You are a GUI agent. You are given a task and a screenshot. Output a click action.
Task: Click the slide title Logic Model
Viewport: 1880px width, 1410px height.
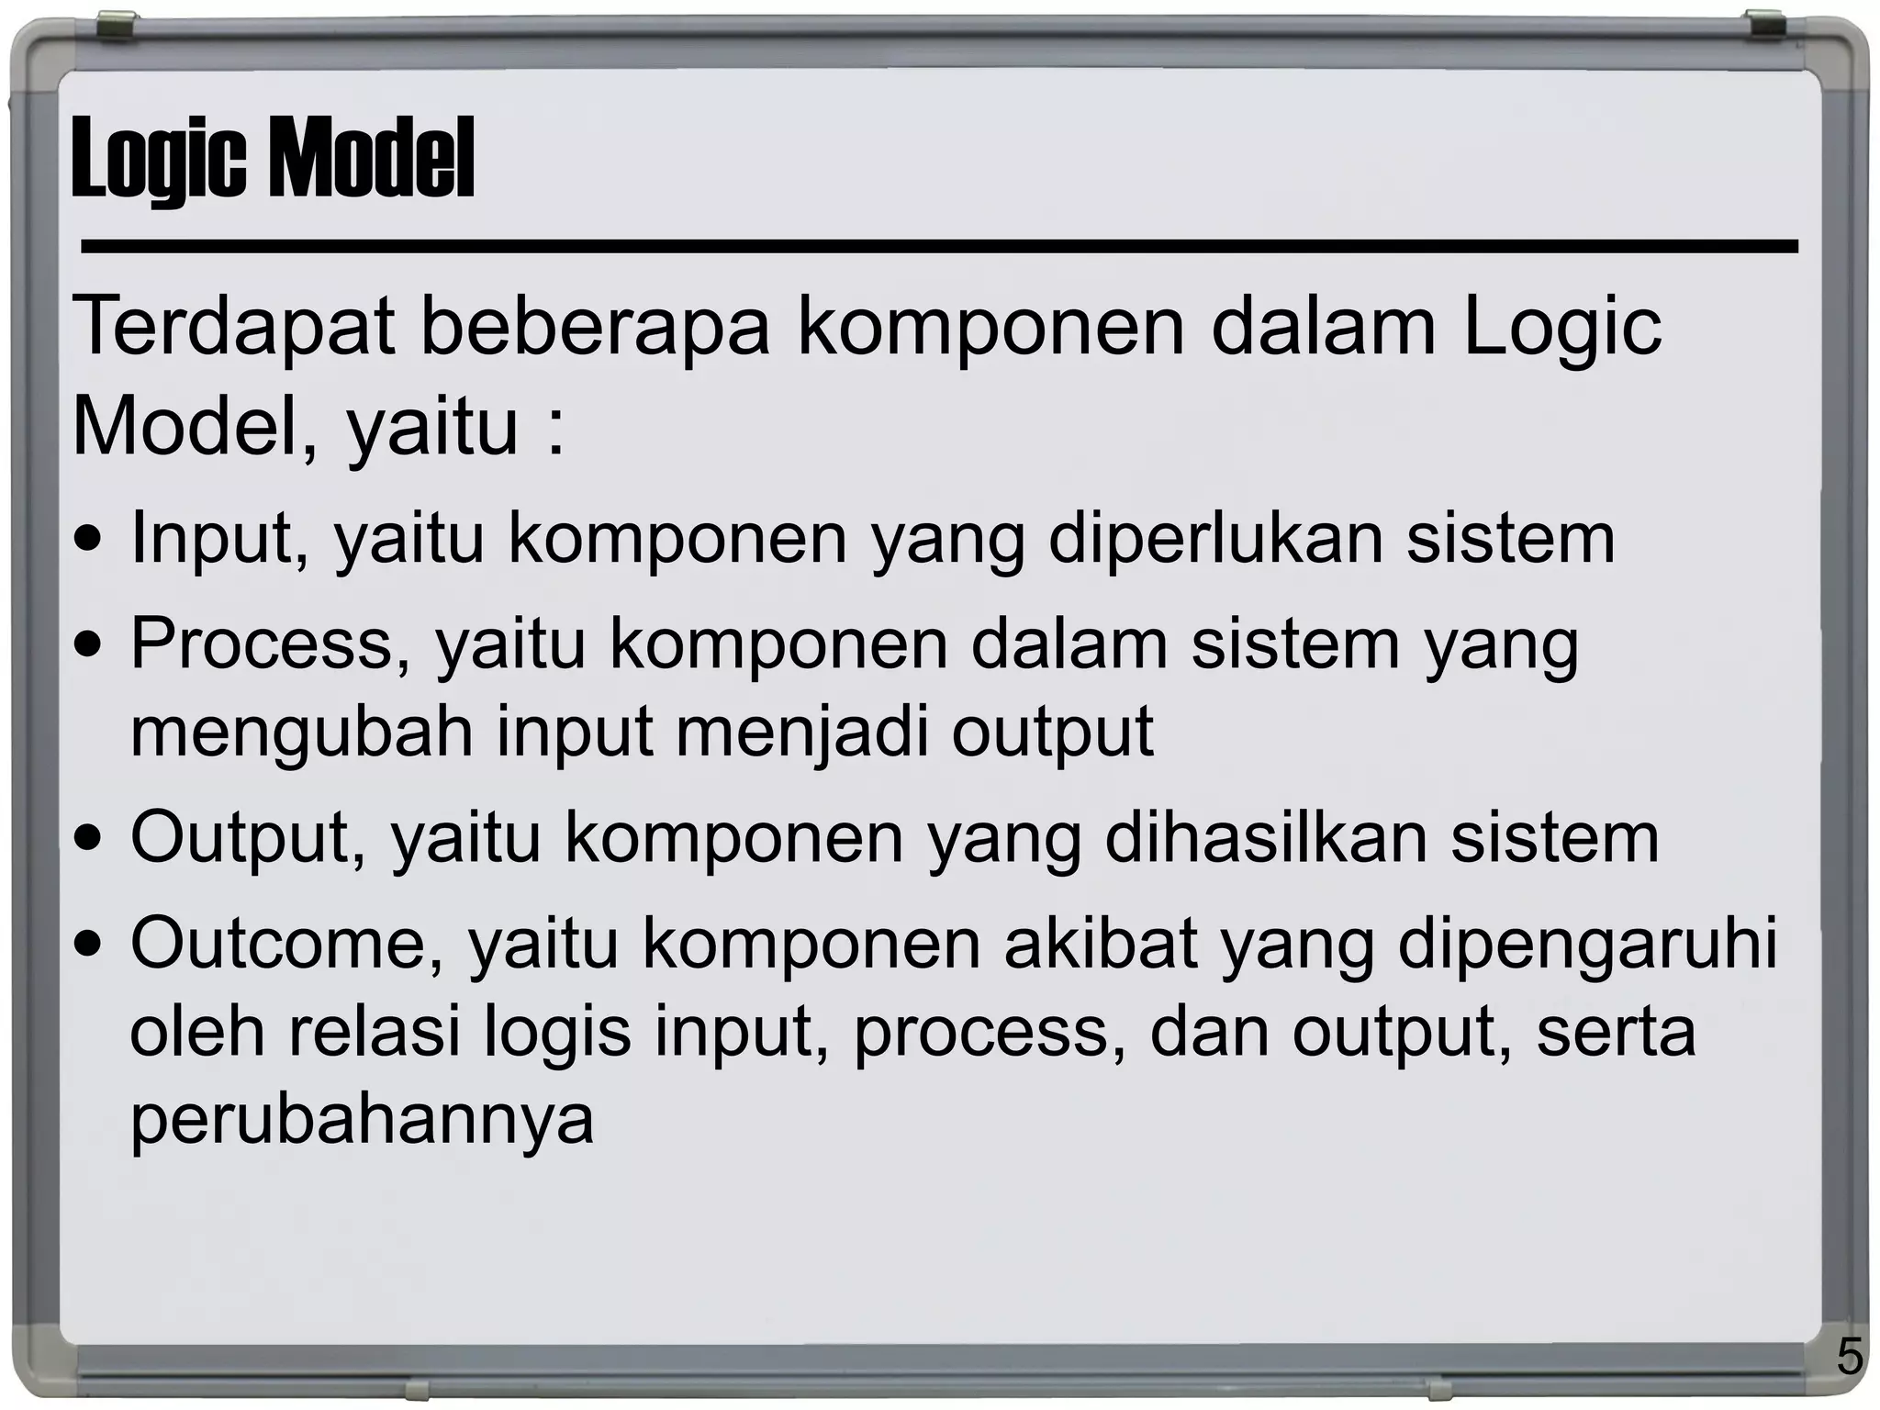click(273, 158)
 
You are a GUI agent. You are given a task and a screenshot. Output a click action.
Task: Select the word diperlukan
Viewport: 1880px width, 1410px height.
click(1214, 539)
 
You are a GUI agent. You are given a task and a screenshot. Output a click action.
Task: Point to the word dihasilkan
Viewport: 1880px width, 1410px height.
click(1266, 838)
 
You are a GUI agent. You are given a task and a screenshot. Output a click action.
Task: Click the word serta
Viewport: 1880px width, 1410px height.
click(1615, 1032)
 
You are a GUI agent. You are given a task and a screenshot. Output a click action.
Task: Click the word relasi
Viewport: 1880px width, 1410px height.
click(374, 1032)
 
